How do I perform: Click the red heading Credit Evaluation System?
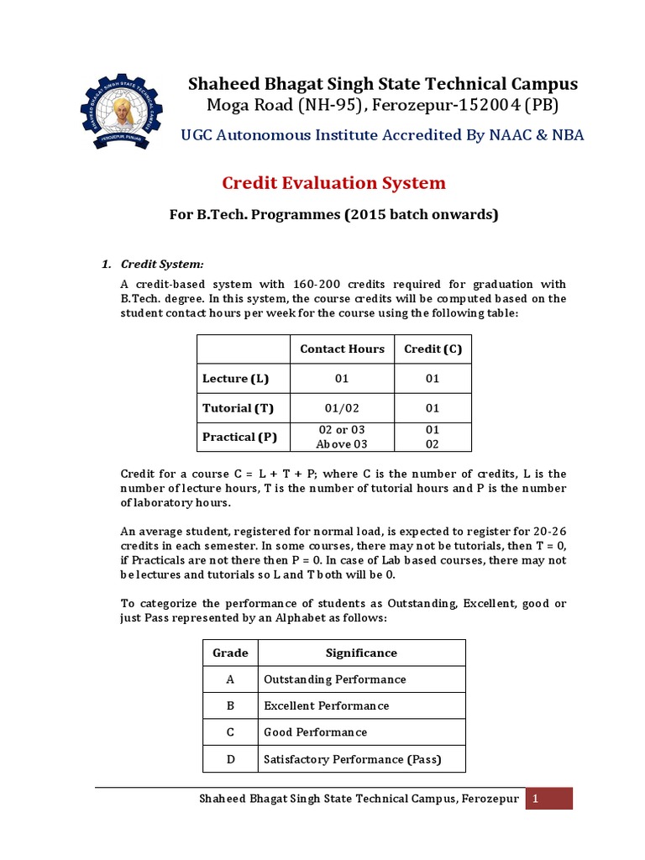coord(333,183)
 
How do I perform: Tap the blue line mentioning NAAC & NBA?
coord(383,135)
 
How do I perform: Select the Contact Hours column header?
coord(342,349)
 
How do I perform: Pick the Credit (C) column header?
coord(433,349)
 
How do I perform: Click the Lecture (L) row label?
coord(236,379)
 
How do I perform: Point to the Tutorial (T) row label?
coord(239,408)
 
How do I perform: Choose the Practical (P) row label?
coord(240,437)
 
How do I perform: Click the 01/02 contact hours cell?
coord(342,408)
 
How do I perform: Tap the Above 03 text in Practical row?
coord(342,444)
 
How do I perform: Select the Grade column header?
coord(230,653)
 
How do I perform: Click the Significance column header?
coord(361,653)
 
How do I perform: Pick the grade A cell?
coord(230,679)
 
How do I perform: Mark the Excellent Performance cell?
coord(327,705)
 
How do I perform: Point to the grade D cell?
coord(230,759)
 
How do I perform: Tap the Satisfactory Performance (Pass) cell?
coord(353,759)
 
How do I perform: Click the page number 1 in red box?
coord(549,799)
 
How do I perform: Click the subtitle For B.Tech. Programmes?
coord(334,215)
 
